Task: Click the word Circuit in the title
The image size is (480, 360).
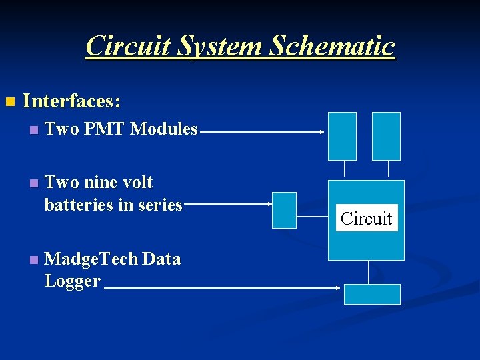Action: click(127, 46)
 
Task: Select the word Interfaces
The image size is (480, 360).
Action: click(71, 101)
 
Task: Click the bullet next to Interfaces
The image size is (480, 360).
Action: click(9, 102)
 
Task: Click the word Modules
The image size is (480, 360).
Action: click(164, 129)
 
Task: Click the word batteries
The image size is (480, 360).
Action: click(78, 205)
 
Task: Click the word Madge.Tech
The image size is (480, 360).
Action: click(90, 259)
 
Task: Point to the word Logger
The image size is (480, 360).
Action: click(72, 281)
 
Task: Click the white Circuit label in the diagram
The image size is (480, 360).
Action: click(367, 218)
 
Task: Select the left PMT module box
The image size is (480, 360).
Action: click(342, 136)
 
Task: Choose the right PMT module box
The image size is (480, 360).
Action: click(386, 136)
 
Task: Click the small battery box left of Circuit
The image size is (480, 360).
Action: click(285, 210)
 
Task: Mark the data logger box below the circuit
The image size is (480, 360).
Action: click(372, 294)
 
